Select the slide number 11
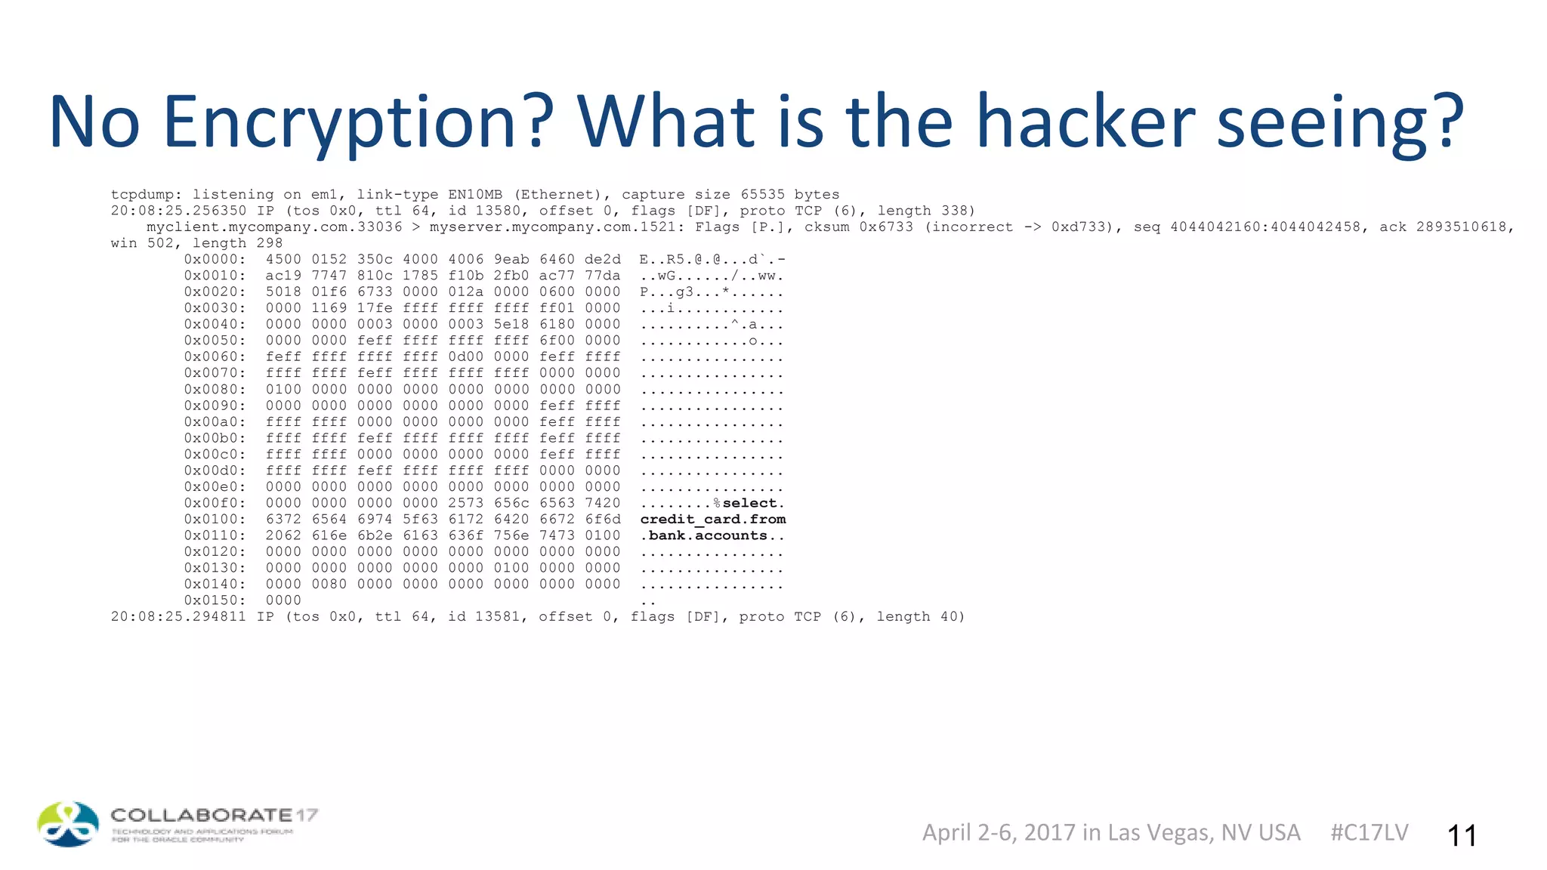[x=1462, y=835]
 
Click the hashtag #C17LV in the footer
[x=1369, y=832]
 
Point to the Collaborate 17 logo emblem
[x=68, y=824]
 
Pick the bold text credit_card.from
[x=712, y=520]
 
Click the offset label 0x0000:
[x=215, y=259]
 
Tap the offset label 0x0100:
[x=215, y=519]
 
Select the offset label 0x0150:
[x=215, y=600]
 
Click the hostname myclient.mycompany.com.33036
[x=274, y=227]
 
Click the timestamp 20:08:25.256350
[x=178, y=211]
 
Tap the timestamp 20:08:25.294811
[x=178, y=616]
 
